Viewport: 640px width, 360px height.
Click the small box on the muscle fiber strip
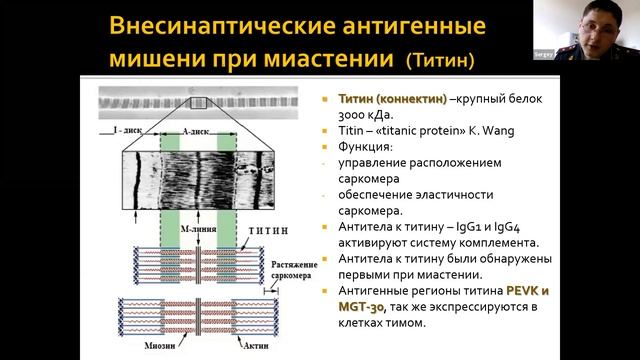tap(196, 102)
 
